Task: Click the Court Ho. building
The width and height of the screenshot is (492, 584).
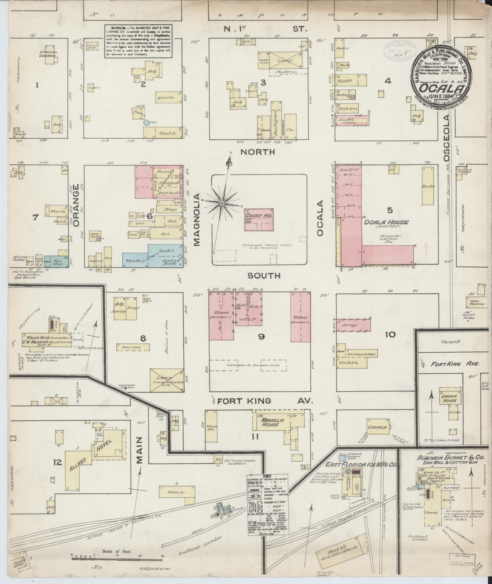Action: click(x=259, y=219)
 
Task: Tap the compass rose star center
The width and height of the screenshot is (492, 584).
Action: click(x=223, y=203)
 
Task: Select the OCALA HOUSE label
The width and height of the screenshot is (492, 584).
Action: click(x=386, y=223)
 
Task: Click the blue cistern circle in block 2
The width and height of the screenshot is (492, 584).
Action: click(x=146, y=122)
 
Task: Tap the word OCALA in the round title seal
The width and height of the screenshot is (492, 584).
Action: click(x=439, y=88)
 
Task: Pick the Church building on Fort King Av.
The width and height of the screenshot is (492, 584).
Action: click(x=377, y=427)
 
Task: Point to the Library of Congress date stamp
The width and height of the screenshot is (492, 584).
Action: click(x=398, y=50)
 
